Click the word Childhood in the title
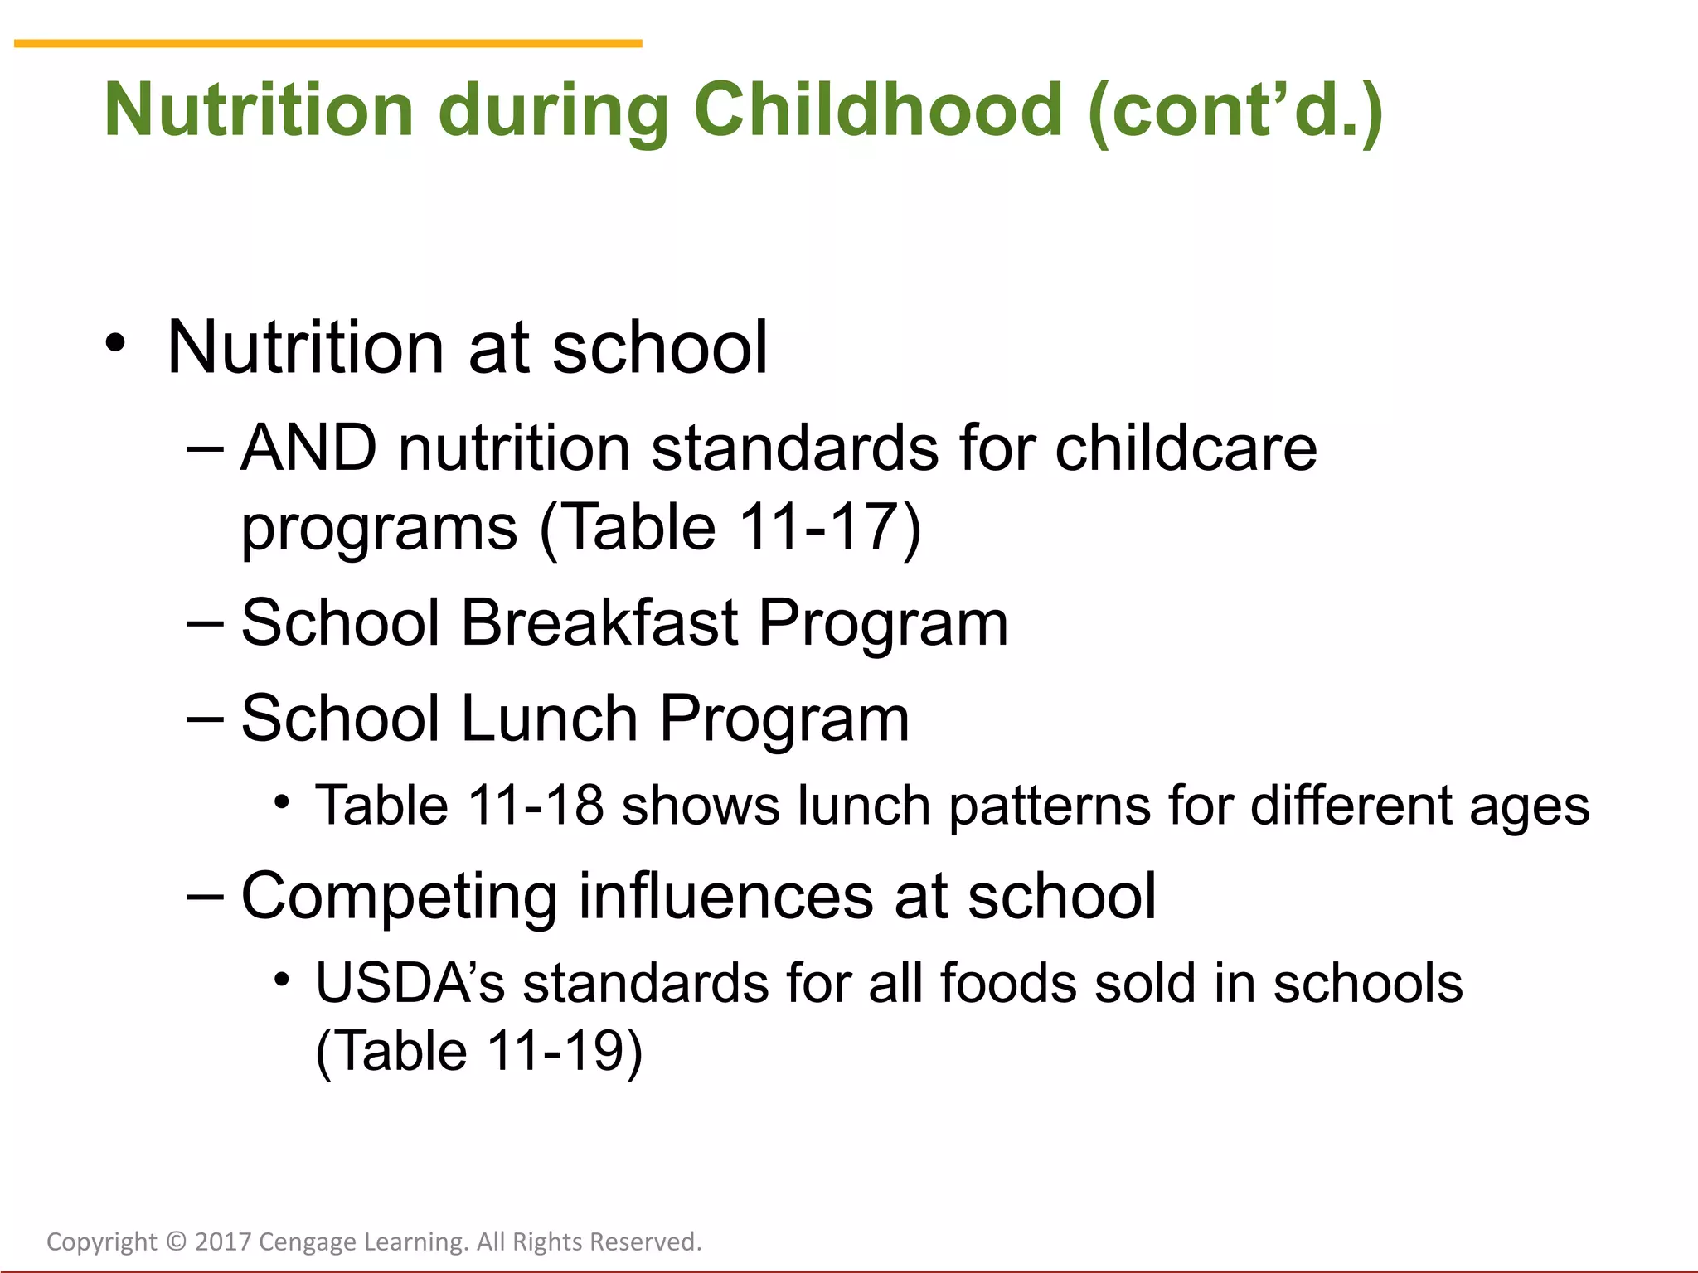click(877, 110)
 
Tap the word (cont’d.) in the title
click(1235, 110)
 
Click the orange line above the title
click(327, 43)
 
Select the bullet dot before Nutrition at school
click(116, 343)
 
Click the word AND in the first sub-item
click(308, 448)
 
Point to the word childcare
click(1186, 448)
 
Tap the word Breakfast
click(599, 623)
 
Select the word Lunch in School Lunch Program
click(549, 719)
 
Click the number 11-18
click(535, 805)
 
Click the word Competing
click(399, 898)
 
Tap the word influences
click(725, 896)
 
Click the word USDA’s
click(410, 984)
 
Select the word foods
click(1008, 984)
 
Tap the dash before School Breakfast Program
click(205, 623)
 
